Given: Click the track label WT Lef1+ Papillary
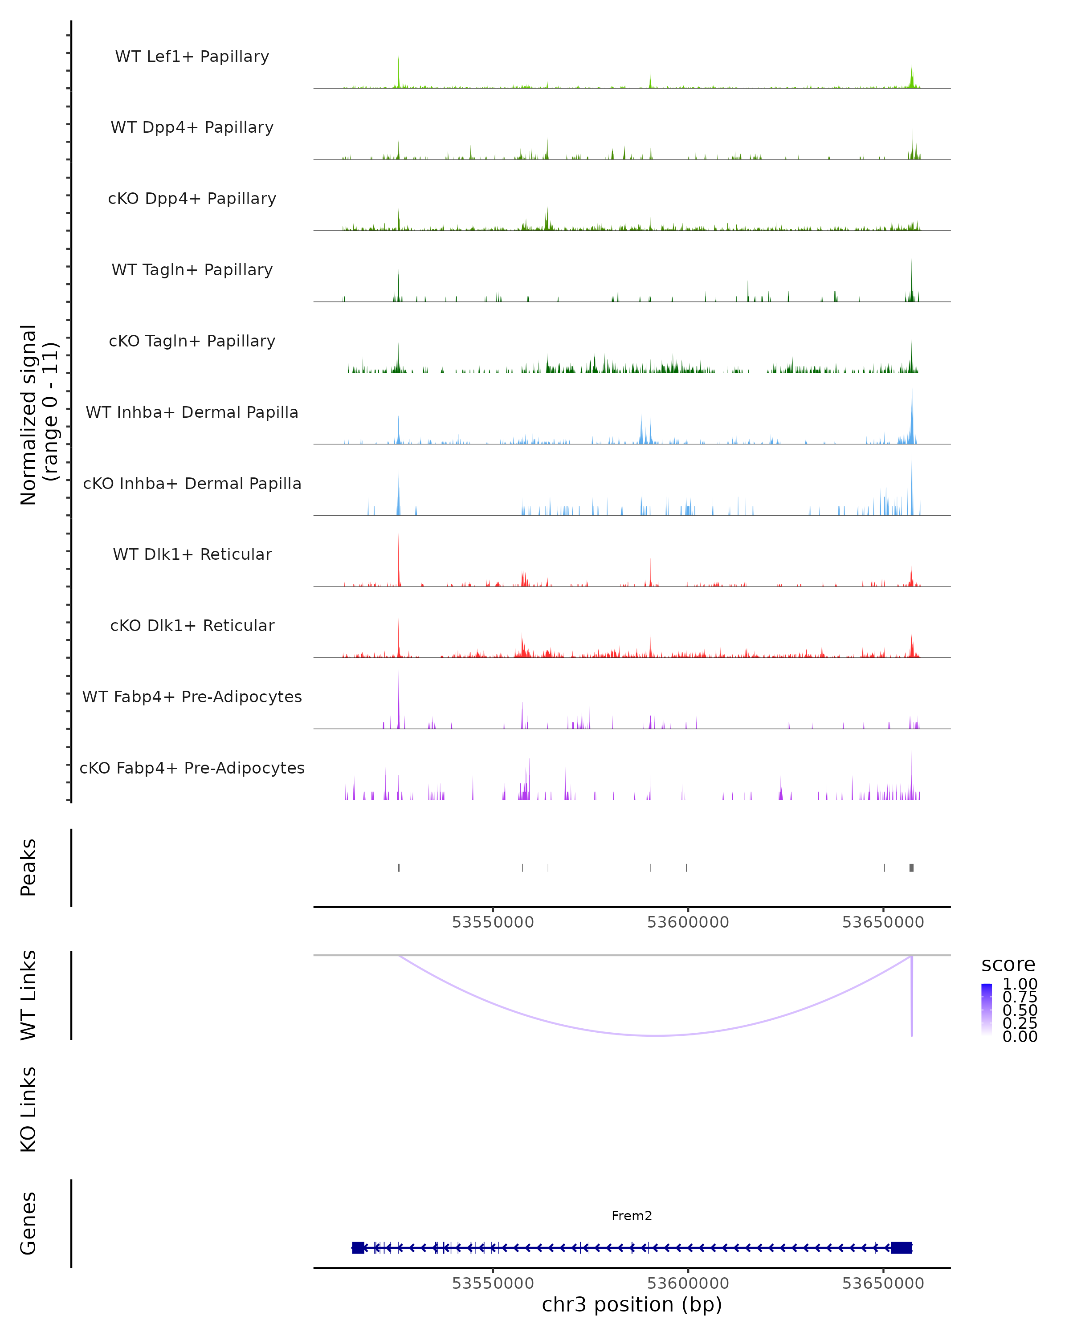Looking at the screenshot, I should click(x=192, y=57).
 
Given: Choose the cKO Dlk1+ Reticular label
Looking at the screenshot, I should click(x=192, y=625).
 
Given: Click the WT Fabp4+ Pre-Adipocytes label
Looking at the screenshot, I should click(x=192, y=697).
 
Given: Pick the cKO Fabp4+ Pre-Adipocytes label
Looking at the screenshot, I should click(x=192, y=768).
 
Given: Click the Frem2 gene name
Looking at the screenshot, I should click(x=632, y=1216).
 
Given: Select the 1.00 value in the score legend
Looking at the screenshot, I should click(x=1020, y=984).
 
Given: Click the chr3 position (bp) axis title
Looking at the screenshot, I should click(x=632, y=1304).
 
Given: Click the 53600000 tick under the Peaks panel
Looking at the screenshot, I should click(x=688, y=922).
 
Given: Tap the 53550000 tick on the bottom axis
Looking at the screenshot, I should click(x=493, y=1283).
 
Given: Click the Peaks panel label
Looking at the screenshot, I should click(x=29, y=868).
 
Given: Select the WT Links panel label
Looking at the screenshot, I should click(x=29, y=995).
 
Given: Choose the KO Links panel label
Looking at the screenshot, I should click(x=29, y=1109).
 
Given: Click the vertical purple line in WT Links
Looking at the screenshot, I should click(x=912, y=998).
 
